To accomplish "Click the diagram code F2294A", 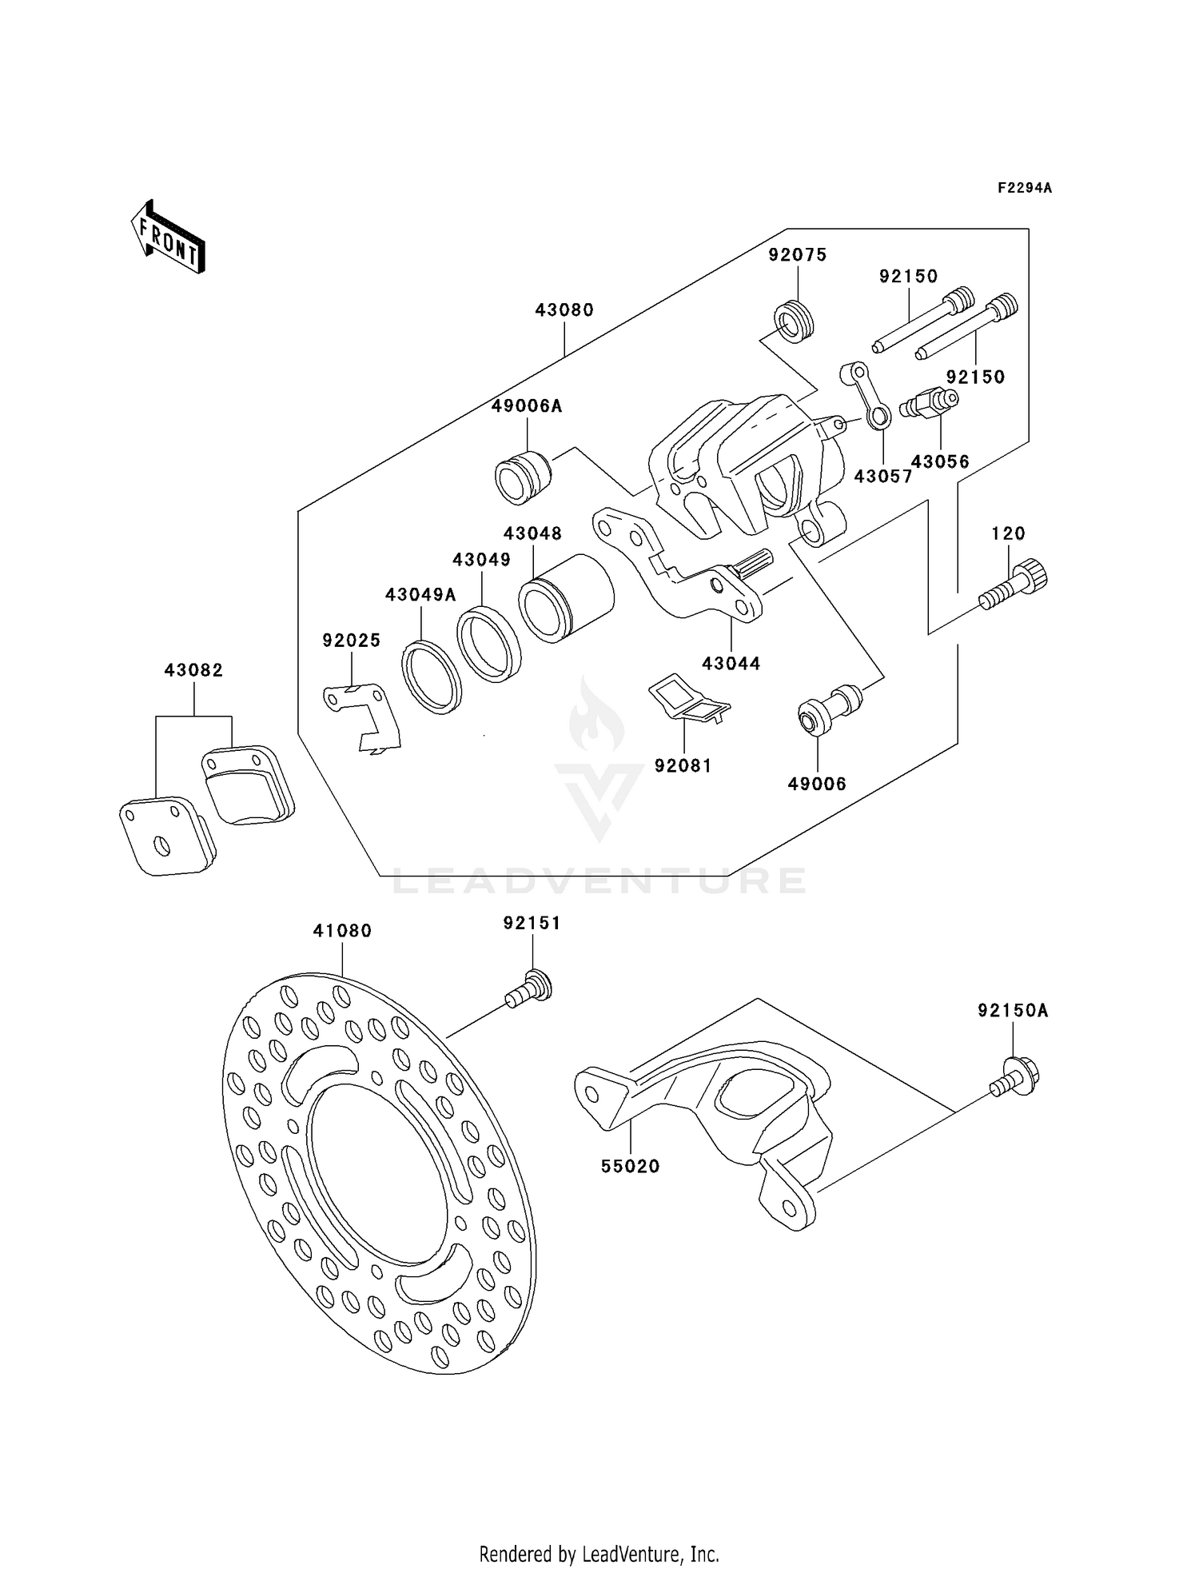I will (x=1024, y=189).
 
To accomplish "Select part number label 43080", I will (x=564, y=310).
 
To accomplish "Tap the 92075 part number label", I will (x=797, y=255).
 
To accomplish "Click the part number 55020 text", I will (x=631, y=1167).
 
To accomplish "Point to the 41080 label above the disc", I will (x=342, y=931).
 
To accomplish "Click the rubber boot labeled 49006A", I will (x=522, y=477).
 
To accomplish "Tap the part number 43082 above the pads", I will (x=193, y=670).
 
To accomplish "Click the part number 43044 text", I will (x=731, y=663).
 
